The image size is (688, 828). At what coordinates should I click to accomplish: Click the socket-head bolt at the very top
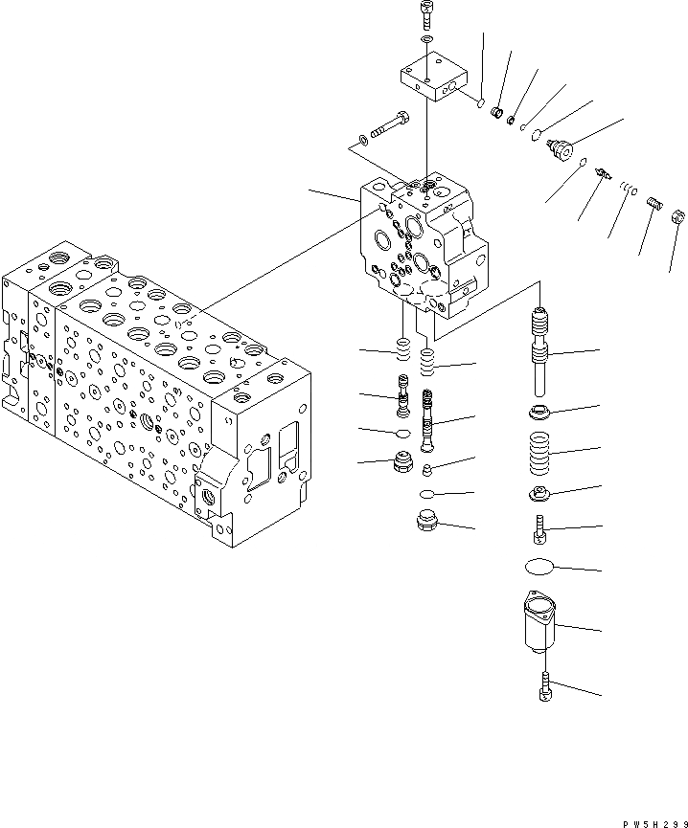click(425, 15)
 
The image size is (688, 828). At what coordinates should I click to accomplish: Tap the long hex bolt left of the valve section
click(389, 124)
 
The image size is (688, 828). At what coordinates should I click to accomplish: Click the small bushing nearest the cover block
click(497, 115)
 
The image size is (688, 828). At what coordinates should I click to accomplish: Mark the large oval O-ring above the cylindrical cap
click(542, 567)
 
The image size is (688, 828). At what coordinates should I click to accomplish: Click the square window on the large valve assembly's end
click(288, 441)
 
